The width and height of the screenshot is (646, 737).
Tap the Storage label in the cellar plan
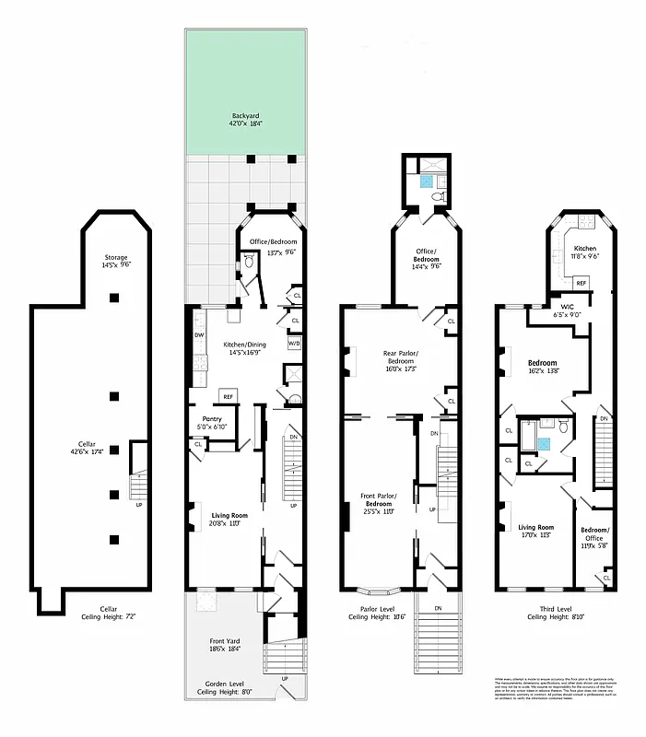coord(115,261)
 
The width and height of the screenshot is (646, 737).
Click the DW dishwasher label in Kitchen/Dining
coord(200,335)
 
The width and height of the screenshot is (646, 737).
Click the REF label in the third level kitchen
coord(581,283)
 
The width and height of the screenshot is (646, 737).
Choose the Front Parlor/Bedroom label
coord(379,501)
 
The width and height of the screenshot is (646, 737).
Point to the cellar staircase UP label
coord(138,505)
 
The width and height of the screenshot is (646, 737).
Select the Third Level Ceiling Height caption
coord(557,613)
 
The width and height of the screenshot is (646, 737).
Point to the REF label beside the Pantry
coord(227,397)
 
